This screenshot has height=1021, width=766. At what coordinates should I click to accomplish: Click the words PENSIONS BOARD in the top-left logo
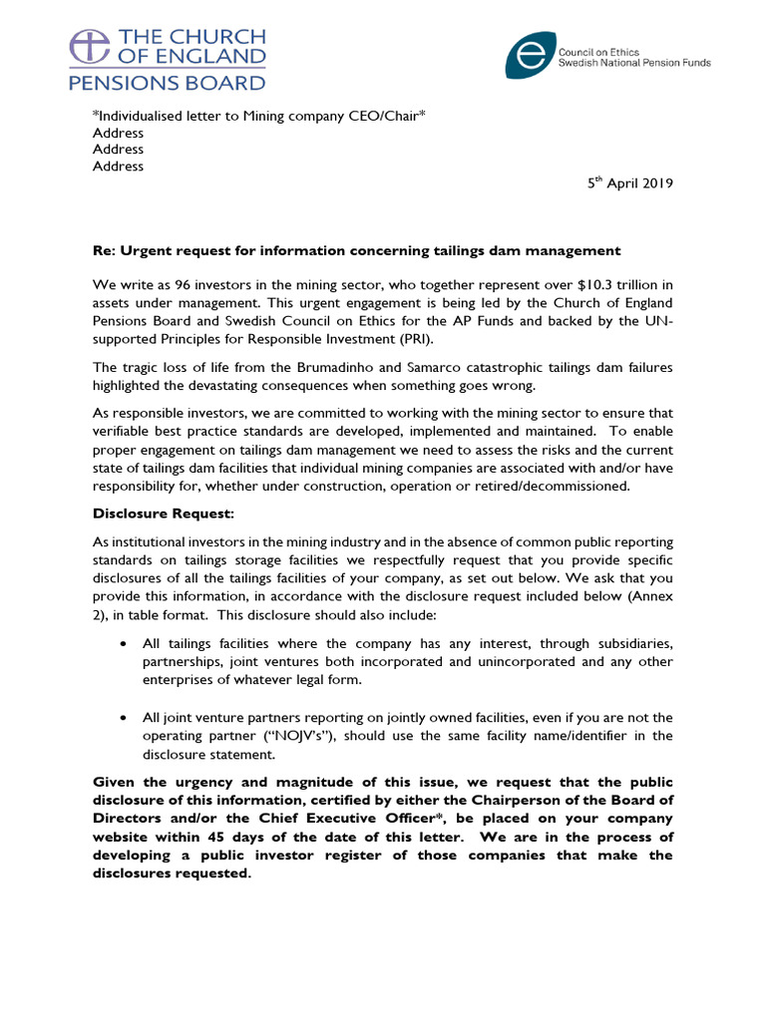167,83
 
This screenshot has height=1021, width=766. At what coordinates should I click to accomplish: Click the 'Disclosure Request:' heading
164,513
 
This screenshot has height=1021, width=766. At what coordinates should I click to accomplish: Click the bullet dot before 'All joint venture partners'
122,718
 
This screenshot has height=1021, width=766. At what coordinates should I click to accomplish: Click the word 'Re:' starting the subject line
106,250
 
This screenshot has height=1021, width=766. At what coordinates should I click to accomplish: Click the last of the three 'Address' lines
118,167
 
